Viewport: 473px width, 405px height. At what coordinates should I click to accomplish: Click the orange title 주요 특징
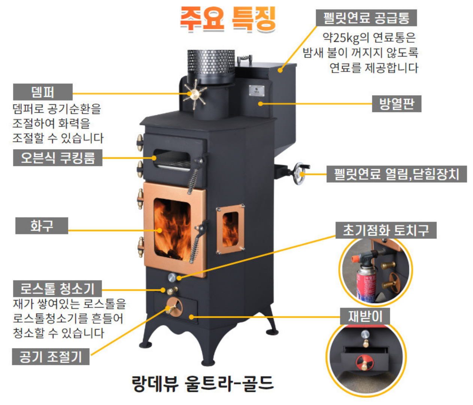(228, 18)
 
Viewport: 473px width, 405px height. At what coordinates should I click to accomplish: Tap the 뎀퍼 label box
(43, 92)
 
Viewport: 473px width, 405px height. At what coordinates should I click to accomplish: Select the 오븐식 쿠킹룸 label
(58, 158)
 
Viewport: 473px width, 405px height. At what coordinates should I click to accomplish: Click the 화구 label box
(42, 226)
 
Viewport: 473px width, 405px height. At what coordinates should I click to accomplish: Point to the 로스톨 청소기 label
(57, 288)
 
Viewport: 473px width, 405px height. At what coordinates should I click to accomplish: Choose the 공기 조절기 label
(51, 356)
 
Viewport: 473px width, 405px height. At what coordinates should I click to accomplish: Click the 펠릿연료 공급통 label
(366, 18)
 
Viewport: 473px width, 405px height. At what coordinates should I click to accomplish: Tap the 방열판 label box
(397, 104)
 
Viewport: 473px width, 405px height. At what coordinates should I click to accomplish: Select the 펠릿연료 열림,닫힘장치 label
(396, 174)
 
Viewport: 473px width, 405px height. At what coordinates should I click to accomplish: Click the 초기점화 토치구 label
(386, 230)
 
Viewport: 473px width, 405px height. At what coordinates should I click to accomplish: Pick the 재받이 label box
(365, 317)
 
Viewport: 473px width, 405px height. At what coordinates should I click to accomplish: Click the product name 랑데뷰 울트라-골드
(203, 383)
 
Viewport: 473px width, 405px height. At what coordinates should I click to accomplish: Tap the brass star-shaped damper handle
(195, 94)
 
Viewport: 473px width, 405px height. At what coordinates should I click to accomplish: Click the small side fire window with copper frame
(230, 229)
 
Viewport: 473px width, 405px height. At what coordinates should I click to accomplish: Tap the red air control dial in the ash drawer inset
(363, 362)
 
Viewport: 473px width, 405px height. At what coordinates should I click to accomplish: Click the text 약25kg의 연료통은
(369, 37)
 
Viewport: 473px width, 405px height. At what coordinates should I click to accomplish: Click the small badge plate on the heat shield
(257, 90)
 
